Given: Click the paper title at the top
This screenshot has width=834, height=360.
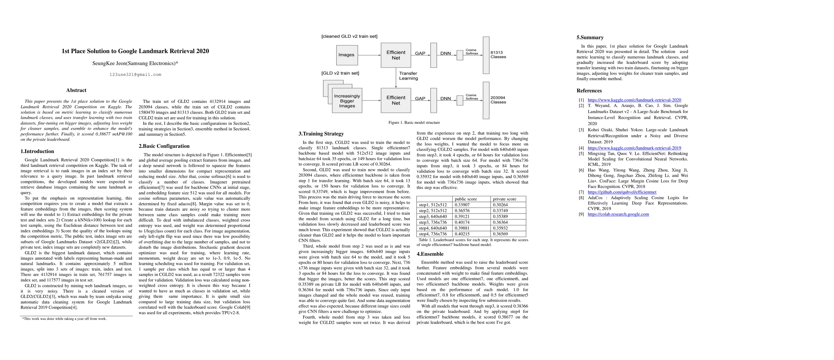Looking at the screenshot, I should click(135, 51).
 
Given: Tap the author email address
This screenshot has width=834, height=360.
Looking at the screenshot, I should click(135, 74).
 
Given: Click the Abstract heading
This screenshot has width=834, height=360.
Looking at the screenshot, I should click(76, 90).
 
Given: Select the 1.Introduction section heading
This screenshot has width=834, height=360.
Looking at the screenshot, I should click(37, 151).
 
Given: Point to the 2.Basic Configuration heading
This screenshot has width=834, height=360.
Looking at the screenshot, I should click(164, 146).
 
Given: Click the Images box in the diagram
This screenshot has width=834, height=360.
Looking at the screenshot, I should click(346, 55).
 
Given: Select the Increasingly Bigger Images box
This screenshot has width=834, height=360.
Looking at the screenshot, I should click(347, 101).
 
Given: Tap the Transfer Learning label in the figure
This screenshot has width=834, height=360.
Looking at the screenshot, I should click(408, 76).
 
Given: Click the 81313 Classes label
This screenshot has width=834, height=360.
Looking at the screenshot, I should click(498, 55).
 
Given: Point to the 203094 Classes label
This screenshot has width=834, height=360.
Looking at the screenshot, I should click(498, 100).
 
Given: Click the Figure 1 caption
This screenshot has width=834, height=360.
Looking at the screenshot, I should click(414, 123).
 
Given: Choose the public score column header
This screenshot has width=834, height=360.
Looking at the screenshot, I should click(465, 199).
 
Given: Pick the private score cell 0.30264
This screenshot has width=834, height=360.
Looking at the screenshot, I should click(500, 205).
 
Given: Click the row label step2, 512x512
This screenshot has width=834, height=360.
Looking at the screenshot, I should click(433, 211).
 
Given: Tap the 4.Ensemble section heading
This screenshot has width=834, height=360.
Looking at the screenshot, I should click(430, 254).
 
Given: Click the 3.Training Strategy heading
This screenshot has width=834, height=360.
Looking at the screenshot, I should click(321, 134).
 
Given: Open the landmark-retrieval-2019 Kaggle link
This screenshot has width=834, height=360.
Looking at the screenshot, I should click(634, 148).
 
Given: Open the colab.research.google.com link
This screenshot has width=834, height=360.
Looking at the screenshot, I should click(618, 214).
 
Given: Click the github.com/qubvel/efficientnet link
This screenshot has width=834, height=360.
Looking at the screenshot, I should click(622, 192).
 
